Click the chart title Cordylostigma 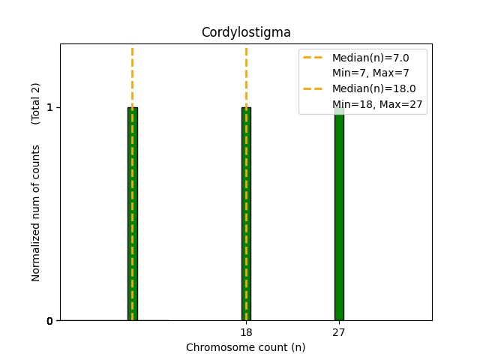246,32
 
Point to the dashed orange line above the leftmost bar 133,75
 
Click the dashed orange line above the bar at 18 246,75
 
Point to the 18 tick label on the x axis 246,332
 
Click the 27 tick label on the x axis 339,332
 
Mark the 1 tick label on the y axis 49,107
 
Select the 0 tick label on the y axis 49,321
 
